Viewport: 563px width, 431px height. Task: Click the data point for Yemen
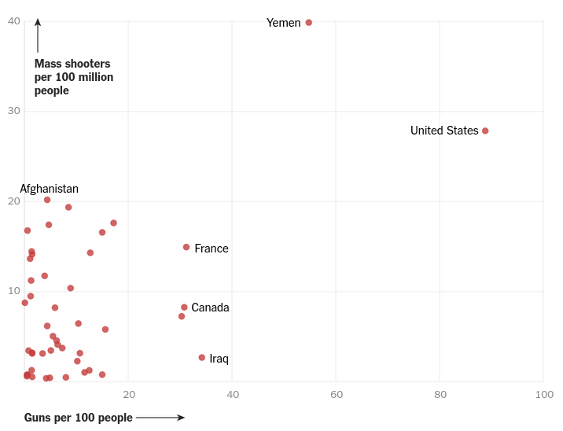tap(308, 23)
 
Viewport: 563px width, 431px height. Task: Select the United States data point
tap(485, 131)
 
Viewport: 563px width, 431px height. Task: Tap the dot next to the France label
tap(186, 247)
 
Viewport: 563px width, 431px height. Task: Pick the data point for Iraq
tap(202, 358)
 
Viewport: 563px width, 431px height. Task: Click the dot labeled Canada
tap(184, 308)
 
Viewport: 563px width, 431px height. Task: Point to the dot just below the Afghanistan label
tap(47, 200)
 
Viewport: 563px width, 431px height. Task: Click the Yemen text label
tap(283, 23)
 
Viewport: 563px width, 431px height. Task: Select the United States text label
tap(443, 131)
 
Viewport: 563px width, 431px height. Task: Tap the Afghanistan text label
tap(49, 189)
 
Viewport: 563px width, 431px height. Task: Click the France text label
tap(212, 249)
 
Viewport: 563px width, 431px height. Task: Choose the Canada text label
tap(210, 308)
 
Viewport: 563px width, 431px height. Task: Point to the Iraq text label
tap(219, 359)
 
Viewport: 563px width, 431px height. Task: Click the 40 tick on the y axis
tap(14, 20)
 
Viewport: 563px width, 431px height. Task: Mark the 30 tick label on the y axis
tap(14, 110)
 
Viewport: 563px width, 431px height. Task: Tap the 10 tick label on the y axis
tap(14, 291)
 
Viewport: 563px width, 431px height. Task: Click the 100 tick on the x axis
tap(544, 394)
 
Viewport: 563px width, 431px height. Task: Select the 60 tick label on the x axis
tap(337, 394)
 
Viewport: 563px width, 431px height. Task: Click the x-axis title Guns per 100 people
tap(79, 418)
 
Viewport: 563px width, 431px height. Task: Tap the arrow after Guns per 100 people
tap(160, 418)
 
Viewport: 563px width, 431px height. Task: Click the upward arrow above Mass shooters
tap(38, 35)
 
